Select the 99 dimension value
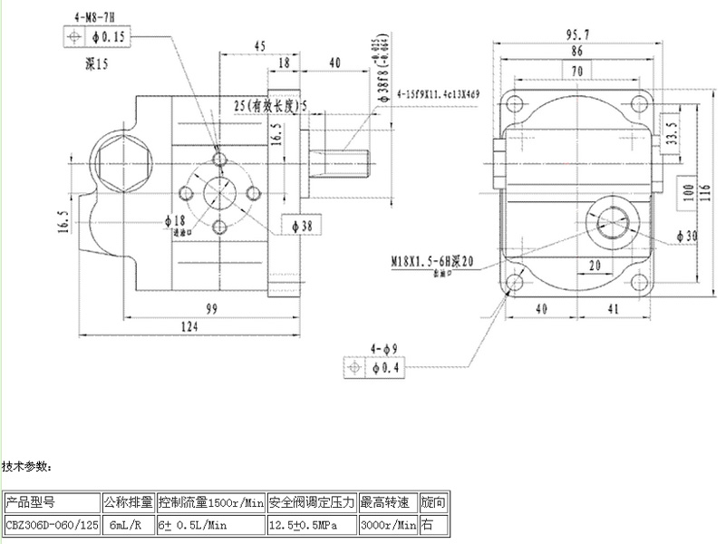(211, 308)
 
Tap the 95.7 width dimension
(577, 35)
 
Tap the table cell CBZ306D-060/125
(50, 524)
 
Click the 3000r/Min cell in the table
(389, 524)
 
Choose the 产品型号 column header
(32, 501)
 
